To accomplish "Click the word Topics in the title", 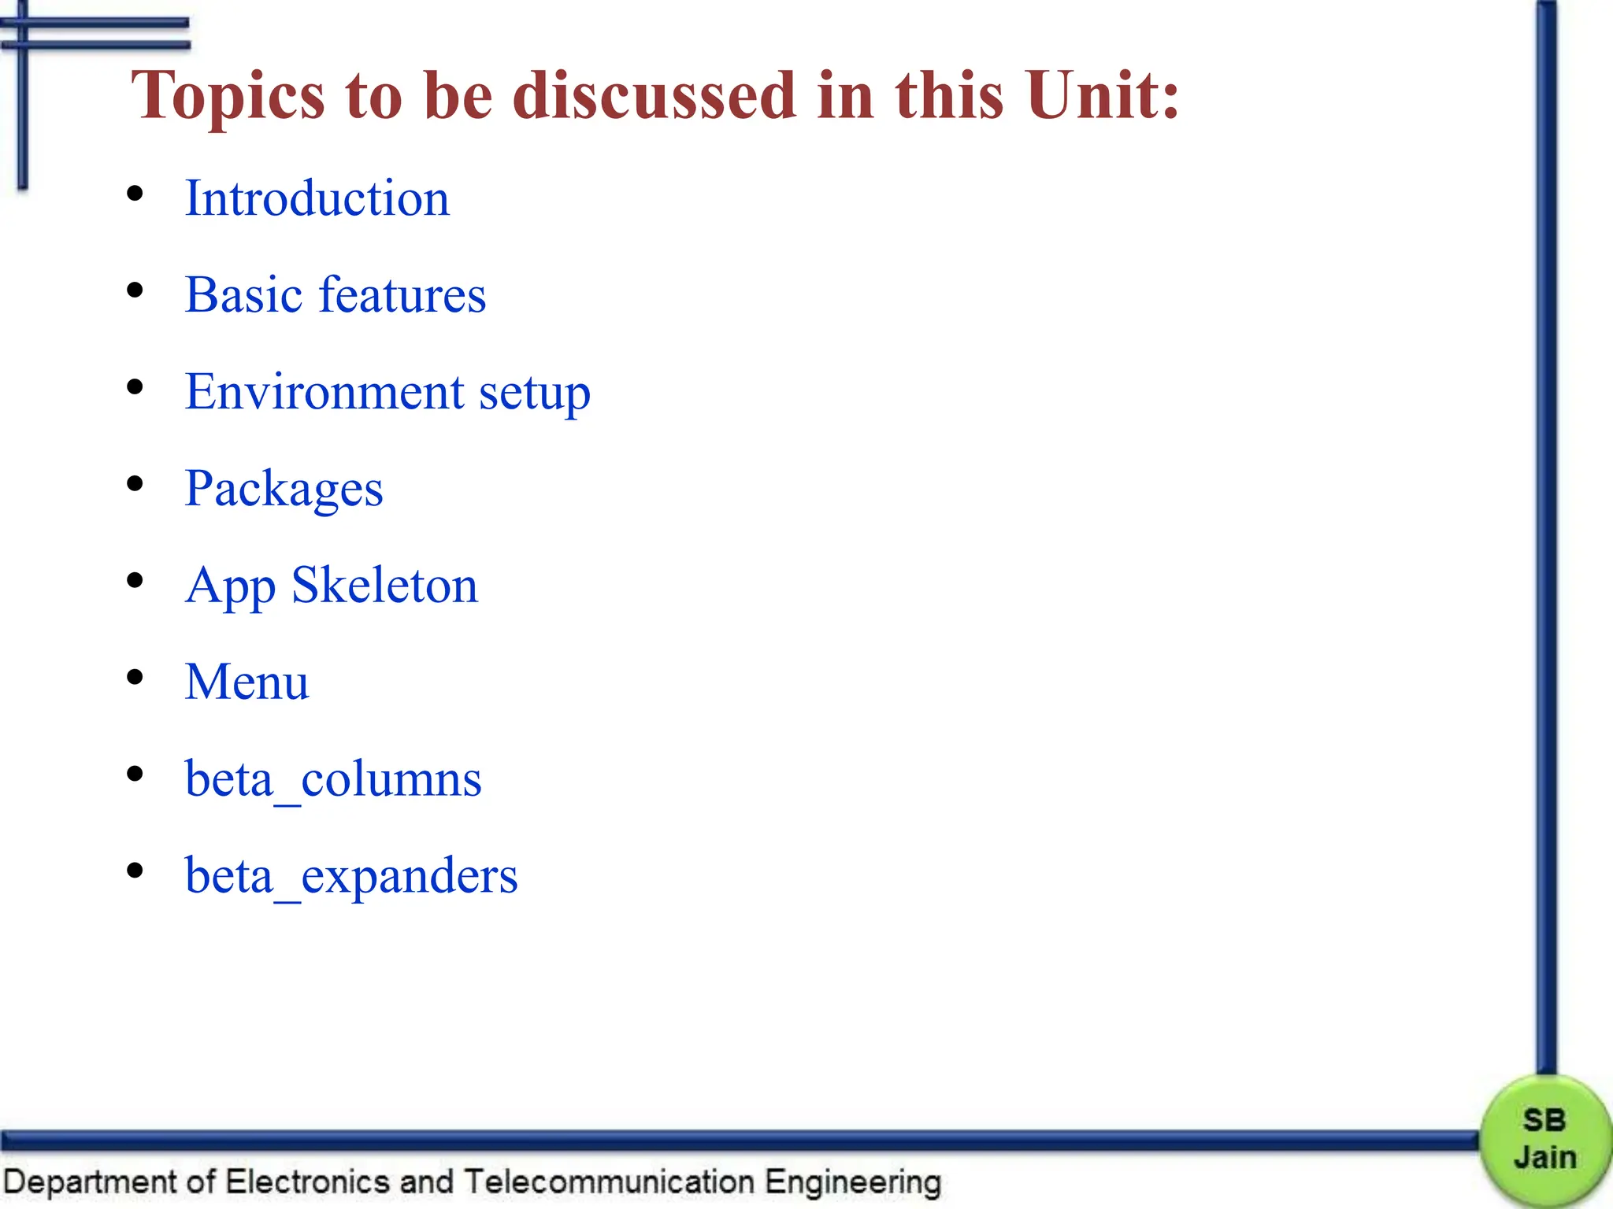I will [228, 96].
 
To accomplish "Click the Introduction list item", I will [317, 198].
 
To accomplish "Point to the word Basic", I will [243, 294].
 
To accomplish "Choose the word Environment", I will [324, 391].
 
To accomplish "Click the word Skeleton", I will [384, 585].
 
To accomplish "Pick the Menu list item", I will [247, 682].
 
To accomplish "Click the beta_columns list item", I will [333, 779].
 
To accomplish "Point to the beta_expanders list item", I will [351, 876].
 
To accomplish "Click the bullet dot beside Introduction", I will [135, 194].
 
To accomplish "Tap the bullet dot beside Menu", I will [135, 677].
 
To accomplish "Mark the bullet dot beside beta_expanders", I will [135, 871].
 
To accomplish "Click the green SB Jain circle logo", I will [1544, 1139].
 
